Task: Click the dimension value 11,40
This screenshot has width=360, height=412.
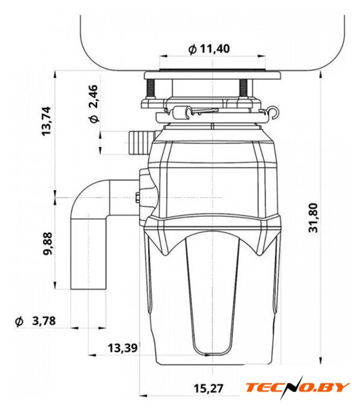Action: [214, 49]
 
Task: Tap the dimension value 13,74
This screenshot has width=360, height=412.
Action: [46, 121]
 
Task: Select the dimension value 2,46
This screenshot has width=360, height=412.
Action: [93, 96]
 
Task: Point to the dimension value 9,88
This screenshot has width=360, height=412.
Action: [48, 244]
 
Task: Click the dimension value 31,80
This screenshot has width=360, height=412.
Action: [313, 218]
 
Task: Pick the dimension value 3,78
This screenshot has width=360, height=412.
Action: [44, 321]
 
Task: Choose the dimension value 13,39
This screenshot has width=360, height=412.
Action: [123, 348]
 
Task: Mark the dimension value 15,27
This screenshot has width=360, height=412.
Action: [209, 389]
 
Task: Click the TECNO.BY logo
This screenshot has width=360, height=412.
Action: [298, 387]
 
